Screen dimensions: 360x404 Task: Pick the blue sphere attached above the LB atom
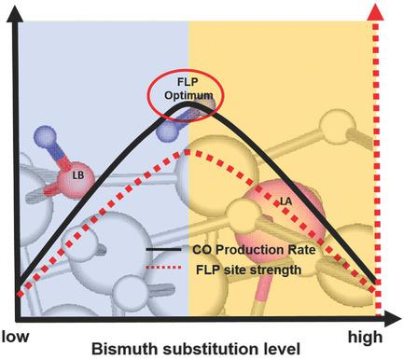click(x=44, y=137)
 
